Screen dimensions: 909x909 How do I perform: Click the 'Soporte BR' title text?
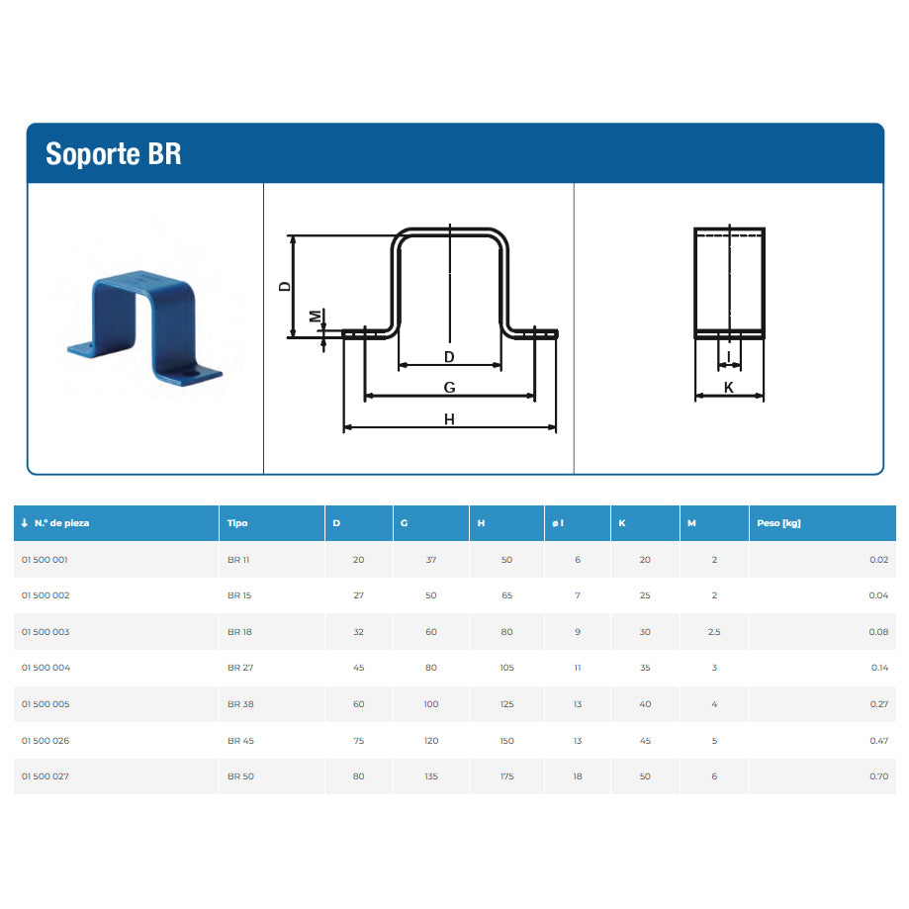(x=114, y=154)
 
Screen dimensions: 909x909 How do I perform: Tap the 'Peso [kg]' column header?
(x=778, y=523)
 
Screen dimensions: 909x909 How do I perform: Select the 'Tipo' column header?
(x=237, y=523)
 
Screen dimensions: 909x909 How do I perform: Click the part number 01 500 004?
(x=45, y=668)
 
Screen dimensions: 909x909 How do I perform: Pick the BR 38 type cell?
(x=240, y=704)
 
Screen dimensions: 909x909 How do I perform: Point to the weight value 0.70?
(x=879, y=776)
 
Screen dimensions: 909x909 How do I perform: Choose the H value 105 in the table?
(x=506, y=668)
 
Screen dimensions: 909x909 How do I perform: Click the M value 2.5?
(x=714, y=632)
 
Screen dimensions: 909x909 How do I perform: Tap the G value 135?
(x=430, y=776)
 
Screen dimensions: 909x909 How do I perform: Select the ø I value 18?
(x=578, y=776)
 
